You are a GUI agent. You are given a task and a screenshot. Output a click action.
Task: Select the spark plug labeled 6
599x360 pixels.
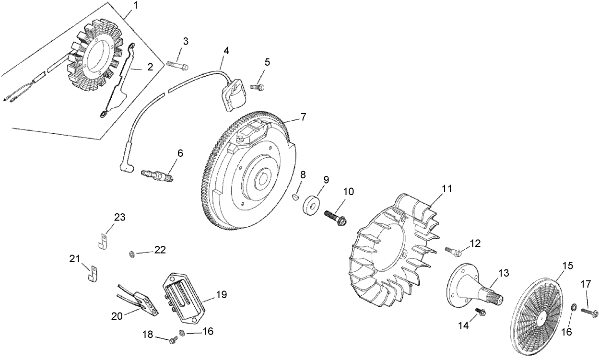(x=158, y=175)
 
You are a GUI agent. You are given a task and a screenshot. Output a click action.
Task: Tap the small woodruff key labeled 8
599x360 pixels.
(x=295, y=196)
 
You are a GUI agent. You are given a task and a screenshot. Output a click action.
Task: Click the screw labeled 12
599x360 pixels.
(x=454, y=250)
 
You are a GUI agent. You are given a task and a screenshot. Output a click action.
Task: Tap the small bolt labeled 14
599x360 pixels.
(x=481, y=312)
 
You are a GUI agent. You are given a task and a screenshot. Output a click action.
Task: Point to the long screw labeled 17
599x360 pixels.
(x=589, y=312)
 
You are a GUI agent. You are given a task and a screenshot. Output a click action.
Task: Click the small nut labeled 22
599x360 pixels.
(x=131, y=253)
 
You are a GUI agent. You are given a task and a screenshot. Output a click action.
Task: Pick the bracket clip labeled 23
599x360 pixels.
(x=102, y=242)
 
